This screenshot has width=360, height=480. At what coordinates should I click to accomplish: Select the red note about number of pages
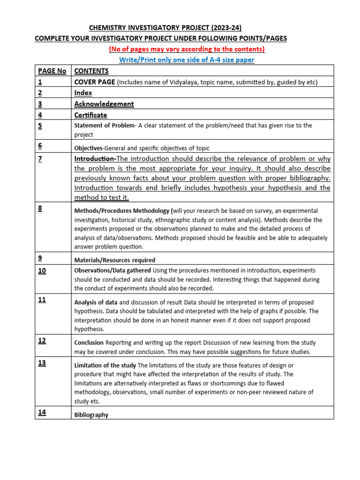(187, 49)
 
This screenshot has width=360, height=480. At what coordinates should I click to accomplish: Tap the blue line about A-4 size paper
(187, 60)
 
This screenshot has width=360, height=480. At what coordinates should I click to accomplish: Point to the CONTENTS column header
(91, 71)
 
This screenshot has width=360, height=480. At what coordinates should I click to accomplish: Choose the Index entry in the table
(83, 93)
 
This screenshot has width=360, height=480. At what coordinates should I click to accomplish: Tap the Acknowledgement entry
(104, 104)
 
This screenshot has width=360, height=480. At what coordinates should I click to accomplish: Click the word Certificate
(90, 115)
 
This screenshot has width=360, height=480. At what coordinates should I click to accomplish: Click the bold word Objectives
(88, 148)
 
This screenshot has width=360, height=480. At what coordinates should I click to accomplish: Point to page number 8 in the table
(40, 208)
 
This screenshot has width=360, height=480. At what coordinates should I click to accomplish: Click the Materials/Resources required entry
(115, 260)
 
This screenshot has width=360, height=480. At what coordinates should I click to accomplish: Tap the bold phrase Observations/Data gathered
(112, 270)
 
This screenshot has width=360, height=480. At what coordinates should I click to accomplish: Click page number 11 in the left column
(42, 300)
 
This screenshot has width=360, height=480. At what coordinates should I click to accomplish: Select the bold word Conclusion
(89, 343)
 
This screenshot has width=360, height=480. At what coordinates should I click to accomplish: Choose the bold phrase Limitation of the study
(105, 365)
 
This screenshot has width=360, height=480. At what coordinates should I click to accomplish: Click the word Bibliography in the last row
(91, 415)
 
